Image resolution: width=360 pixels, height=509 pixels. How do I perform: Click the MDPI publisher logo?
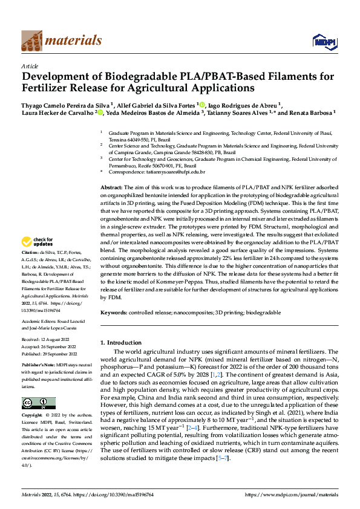[322, 41]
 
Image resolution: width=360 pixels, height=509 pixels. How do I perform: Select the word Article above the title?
[30, 66]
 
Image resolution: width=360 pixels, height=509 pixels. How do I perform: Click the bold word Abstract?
[111, 188]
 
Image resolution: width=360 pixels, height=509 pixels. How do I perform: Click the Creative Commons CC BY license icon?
[38, 403]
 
